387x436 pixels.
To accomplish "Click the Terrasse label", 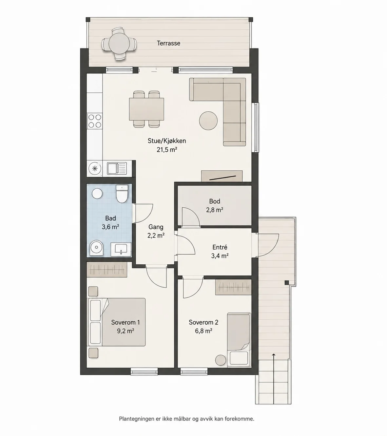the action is pyautogui.click(x=168, y=43).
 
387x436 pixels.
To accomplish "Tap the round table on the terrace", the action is pyautogui.click(x=119, y=44).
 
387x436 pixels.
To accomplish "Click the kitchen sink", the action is pyautogui.click(x=117, y=168).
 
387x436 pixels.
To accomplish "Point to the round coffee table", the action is pyautogui.click(x=208, y=121).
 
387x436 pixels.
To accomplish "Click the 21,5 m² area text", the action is pyautogui.click(x=167, y=150).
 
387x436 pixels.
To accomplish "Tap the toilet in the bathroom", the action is pyautogui.click(x=122, y=194).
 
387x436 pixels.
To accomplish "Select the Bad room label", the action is pyautogui.click(x=110, y=218).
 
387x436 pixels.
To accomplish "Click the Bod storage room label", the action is pyautogui.click(x=215, y=201).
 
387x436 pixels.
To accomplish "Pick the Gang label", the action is pyautogui.click(x=156, y=227).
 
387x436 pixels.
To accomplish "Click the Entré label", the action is pyautogui.click(x=220, y=247).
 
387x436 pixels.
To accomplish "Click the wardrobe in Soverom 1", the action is pyautogui.click(x=107, y=270).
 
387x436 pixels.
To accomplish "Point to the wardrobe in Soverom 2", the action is pyautogui.click(x=233, y=287).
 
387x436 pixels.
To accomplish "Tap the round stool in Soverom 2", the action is pyautogui.click(x=221, y=360).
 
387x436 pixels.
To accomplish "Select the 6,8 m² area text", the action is pyautogui.click(x=203, y=331).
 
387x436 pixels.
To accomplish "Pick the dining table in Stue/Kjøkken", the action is pyautogui.click(x=146, y=109).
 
